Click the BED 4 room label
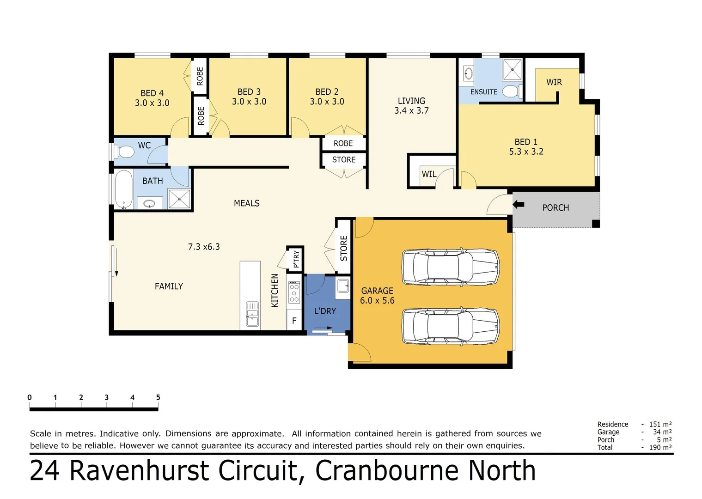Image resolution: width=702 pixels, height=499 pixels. pyautogui.click(x=152, y=93)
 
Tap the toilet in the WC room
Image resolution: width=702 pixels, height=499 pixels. pyautogui.click(x=125, y=151)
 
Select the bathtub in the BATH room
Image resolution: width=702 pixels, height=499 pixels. pyautogui.click(x=123, y=190)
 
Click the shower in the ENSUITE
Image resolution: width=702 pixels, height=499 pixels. pyautogui.click(x=512, y=69)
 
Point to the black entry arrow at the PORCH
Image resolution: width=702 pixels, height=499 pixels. pyautogui.click(x=519, y=204)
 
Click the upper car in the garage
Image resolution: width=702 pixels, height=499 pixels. pyautogui.click(x=450, y=267)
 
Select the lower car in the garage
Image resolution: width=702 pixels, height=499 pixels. pyautogui.click(x=450, y=326)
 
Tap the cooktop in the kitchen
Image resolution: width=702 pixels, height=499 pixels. pyautogui.click(x=294, y=293)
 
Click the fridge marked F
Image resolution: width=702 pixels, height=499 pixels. pyautogui.click(x=294, y=320)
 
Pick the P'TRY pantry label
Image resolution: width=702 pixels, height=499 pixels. pyautogui.click(x=296, y=259)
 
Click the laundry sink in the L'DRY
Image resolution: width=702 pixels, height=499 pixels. pyautogui.click(x=343, y=286)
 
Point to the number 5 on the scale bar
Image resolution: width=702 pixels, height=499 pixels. pyautogui.click(x=158, y=397)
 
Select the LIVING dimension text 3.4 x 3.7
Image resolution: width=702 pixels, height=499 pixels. pyautogui.click(x=411, y=110)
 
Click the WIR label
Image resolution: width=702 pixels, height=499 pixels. pyautogui.click(x=554, y=82)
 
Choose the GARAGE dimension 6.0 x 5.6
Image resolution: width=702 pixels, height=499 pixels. pyautogui.click(x=377, y=300)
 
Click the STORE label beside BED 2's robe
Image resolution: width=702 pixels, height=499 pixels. pyautogui.click(x=344, y=159)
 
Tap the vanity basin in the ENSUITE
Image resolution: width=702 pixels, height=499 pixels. pyautogui.click(x=468, y=73)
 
